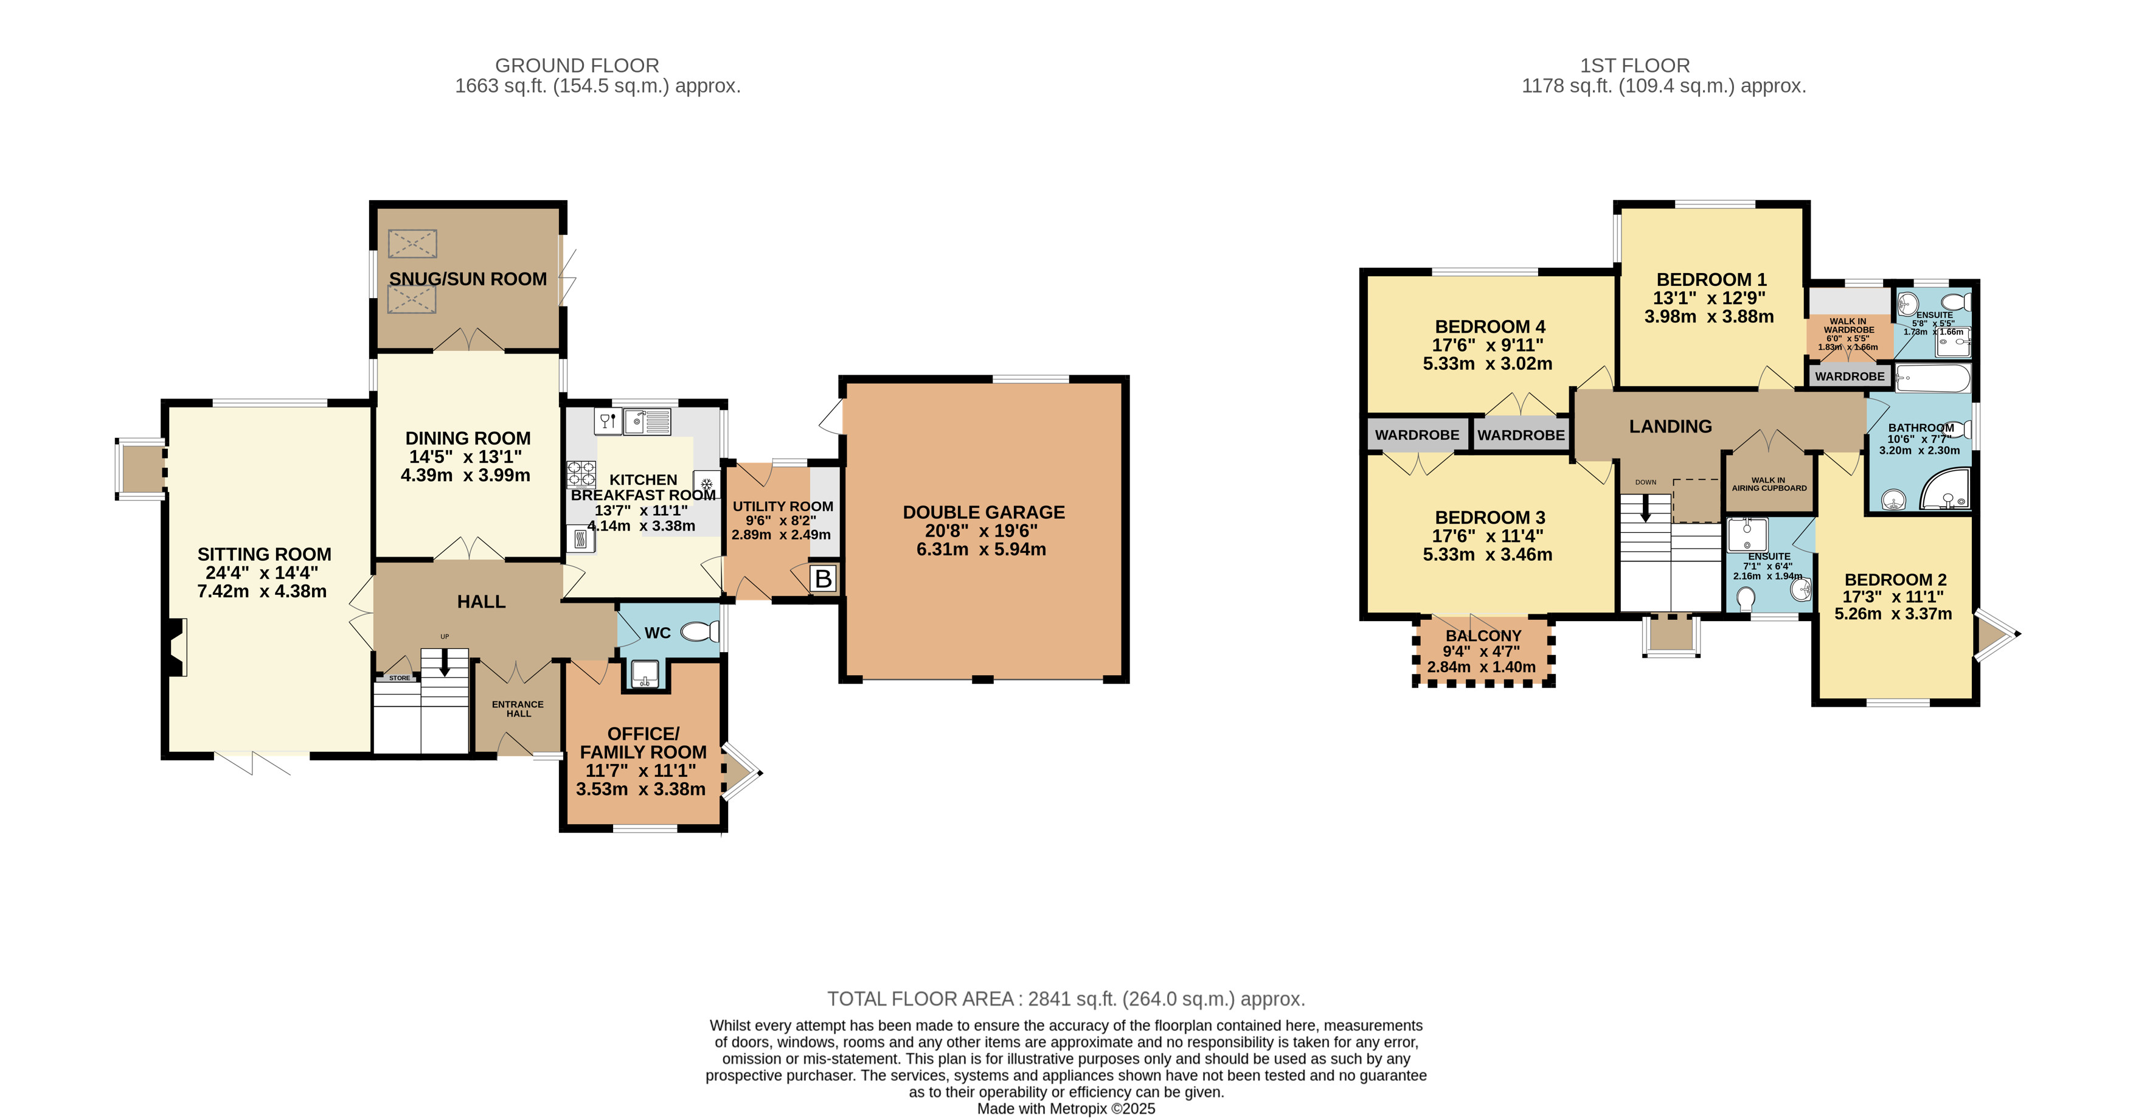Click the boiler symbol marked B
823,578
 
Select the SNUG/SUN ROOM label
468,279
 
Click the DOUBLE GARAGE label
983,513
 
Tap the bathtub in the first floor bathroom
1934,381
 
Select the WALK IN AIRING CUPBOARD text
1769,484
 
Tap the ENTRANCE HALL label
518,709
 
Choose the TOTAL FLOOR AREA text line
1066,999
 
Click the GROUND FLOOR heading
577,66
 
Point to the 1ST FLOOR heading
1634,66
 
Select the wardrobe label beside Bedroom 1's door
1849,376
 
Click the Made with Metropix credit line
1066,1108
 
